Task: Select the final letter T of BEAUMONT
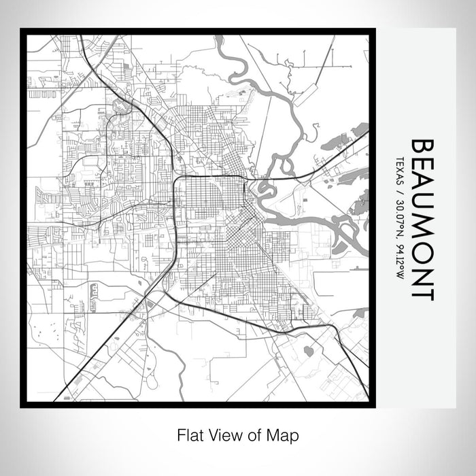click(423, 292)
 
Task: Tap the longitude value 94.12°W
click(399, 259)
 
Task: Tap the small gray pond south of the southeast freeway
click(308, 351)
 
